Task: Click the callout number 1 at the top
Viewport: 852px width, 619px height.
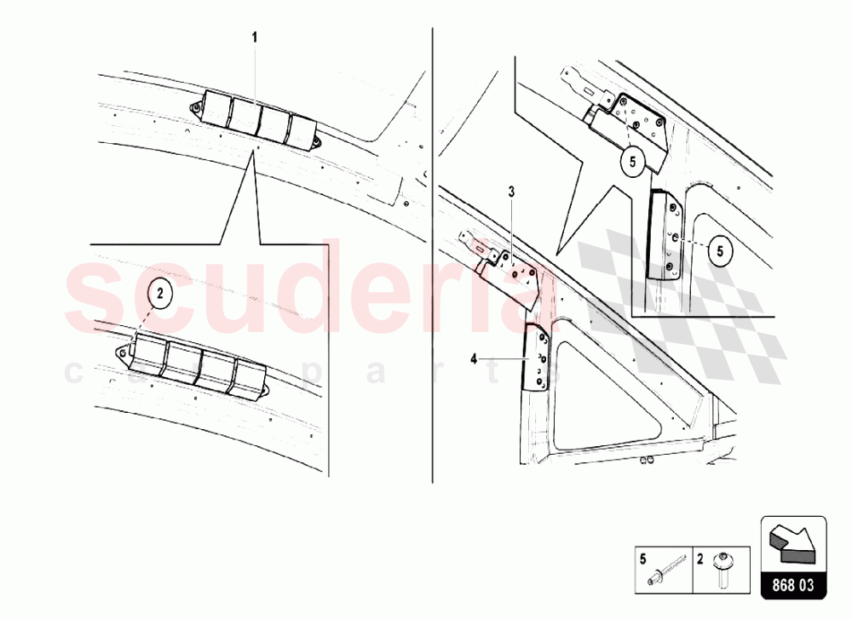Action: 253,37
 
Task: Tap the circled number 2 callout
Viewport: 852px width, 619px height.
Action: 163,293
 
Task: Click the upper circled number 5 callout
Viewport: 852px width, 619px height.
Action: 632,161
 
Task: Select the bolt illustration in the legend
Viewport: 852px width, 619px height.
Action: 722,571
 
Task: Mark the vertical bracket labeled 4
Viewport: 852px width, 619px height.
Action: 538,358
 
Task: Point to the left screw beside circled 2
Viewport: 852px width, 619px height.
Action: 124,349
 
